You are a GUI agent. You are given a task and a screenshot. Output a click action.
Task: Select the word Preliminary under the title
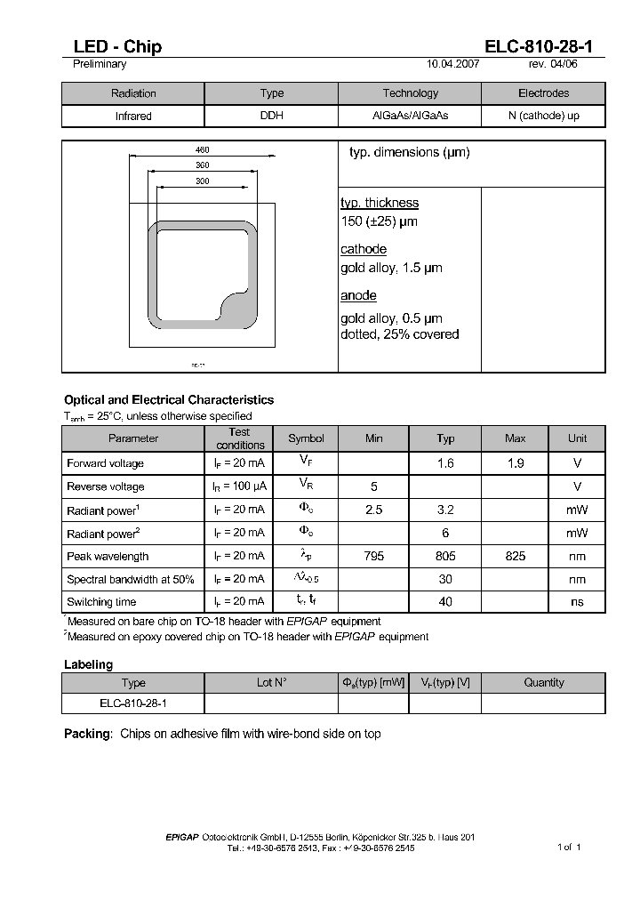pos(99,64)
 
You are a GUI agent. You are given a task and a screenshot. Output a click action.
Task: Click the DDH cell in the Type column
pos(271,117)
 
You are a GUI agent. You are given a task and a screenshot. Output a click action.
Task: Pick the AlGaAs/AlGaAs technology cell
pos(410,117)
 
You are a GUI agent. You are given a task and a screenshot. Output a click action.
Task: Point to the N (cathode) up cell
pos(543,117)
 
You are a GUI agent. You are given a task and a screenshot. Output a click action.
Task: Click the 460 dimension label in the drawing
pos(202,150)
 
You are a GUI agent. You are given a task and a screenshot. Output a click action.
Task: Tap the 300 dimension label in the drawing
pos(202,181)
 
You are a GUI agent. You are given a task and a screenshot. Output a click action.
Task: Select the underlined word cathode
pos(364,250)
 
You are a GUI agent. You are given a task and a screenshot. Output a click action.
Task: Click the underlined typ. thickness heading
pos(380,204)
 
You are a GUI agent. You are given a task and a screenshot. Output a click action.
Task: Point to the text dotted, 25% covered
pos(400,335)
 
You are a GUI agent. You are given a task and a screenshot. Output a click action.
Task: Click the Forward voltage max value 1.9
pos(515,463)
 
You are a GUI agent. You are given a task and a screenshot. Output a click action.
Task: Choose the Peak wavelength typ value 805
pos(445,556)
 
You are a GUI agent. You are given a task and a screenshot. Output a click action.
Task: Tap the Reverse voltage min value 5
pos(374,486)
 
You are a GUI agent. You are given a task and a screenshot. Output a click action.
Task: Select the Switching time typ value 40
pos(445,602)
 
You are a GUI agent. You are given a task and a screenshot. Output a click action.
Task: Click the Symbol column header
pos(306,438)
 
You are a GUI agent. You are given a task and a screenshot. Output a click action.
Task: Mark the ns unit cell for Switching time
pos(578,602)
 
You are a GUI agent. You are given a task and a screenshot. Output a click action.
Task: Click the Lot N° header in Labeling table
pos(271,683)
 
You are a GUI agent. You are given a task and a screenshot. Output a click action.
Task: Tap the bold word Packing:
pos(88,734)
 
